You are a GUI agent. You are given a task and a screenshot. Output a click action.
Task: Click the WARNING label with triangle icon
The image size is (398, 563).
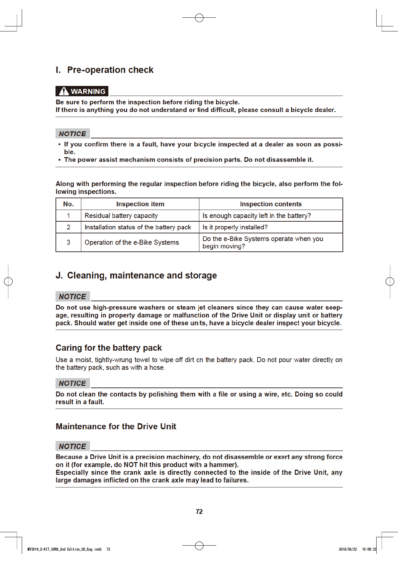tap(82, 91)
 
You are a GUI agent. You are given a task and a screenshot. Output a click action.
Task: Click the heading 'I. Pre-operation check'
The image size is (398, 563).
tap(104, 70)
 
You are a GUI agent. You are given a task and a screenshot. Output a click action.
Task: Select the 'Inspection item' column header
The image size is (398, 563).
tap(140, 204)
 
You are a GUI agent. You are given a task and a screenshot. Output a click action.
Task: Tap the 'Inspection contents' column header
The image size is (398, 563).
tap(271, 204)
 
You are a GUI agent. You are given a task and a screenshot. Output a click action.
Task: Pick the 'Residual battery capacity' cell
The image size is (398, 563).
tap(121, 216)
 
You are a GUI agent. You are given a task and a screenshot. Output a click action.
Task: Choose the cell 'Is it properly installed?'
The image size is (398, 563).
tap(235, 227)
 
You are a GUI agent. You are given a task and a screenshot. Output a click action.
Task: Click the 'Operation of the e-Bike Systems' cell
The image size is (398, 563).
tap(132, 242)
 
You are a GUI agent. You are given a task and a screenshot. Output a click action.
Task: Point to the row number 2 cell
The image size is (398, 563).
tap(68, 227)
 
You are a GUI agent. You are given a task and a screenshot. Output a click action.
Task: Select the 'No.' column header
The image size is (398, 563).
tap(68, 204)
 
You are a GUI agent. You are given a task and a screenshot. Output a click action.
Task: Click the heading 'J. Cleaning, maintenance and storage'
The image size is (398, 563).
tap(136, 275)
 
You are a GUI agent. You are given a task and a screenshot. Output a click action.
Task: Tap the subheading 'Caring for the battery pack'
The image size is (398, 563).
tap(109, 348)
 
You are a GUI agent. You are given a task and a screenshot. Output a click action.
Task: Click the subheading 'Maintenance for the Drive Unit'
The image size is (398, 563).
tap(116, 427)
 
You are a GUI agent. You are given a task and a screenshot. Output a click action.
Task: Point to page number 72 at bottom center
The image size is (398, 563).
tap(199, 512)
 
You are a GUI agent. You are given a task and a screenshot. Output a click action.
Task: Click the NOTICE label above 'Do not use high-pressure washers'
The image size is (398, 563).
tap(73, 297)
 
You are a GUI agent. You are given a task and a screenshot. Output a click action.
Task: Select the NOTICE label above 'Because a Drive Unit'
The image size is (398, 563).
tap(73, 446)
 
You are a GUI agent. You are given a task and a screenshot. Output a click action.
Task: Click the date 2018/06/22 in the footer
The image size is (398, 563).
tap(348, 549)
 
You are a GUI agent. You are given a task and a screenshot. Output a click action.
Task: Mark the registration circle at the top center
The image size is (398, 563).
tap(199, 18)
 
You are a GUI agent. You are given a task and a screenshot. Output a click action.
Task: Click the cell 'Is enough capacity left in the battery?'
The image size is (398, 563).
tap(257, 216)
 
